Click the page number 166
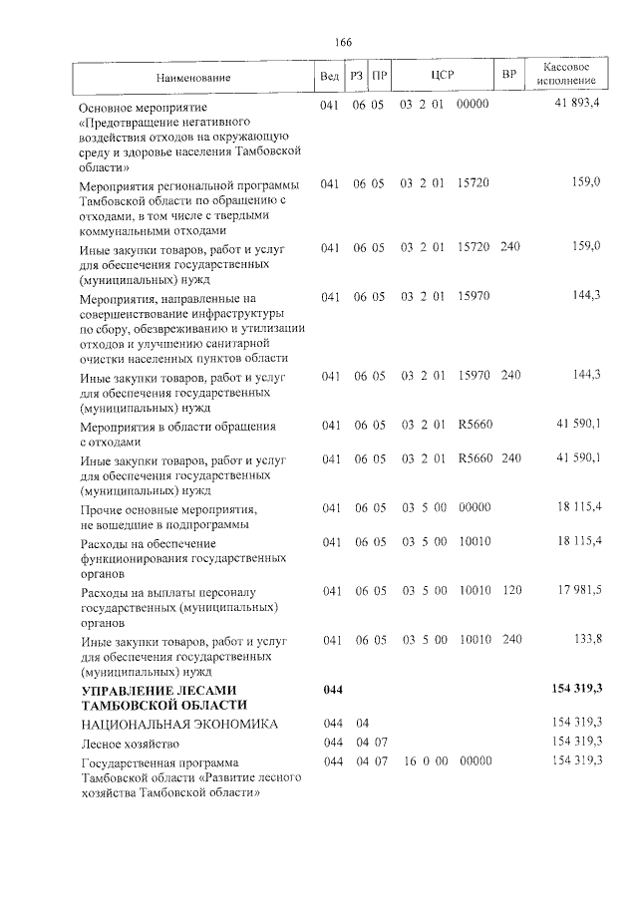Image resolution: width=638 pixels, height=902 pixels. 344,42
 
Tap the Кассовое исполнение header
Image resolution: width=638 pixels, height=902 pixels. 566,73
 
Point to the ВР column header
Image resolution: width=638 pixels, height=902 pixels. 509,75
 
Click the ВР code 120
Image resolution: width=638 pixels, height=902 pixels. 510,590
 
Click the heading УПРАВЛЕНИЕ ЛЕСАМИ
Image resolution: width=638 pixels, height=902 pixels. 159,690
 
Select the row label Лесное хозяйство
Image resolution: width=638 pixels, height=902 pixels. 132,743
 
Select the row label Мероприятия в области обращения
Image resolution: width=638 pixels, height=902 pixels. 163,427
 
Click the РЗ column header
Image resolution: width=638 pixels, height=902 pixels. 356,75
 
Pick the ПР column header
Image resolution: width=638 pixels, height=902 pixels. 379,75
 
